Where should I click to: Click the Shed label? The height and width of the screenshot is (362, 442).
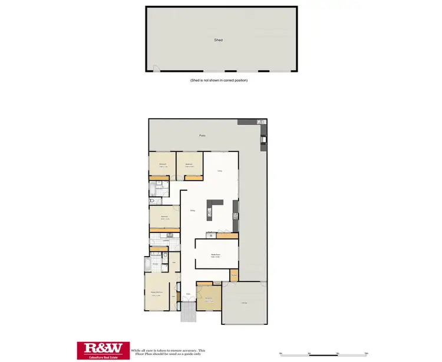point(219,40)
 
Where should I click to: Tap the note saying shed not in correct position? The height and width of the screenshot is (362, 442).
point(219,80)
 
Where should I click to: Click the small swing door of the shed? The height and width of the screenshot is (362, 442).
point(156,69)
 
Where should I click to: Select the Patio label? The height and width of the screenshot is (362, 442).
point(202,136)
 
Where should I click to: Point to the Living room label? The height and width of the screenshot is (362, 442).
point(219,171)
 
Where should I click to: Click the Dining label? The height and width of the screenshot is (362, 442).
point(192,211)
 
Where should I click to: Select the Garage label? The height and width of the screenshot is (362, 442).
point(243,304)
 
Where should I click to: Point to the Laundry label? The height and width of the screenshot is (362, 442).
point(166,240)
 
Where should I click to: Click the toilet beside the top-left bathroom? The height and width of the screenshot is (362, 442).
point(153,201)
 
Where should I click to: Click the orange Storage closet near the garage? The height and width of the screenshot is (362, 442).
point(234,275)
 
